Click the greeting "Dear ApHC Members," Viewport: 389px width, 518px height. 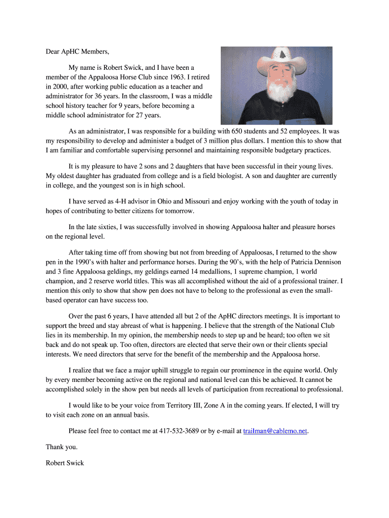[x=77, y=51]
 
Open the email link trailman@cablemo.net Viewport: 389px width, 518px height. [x=275, y=430]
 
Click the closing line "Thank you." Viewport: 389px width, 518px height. [x=62, y=447]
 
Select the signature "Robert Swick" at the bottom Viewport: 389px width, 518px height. [x=65, y=463]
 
